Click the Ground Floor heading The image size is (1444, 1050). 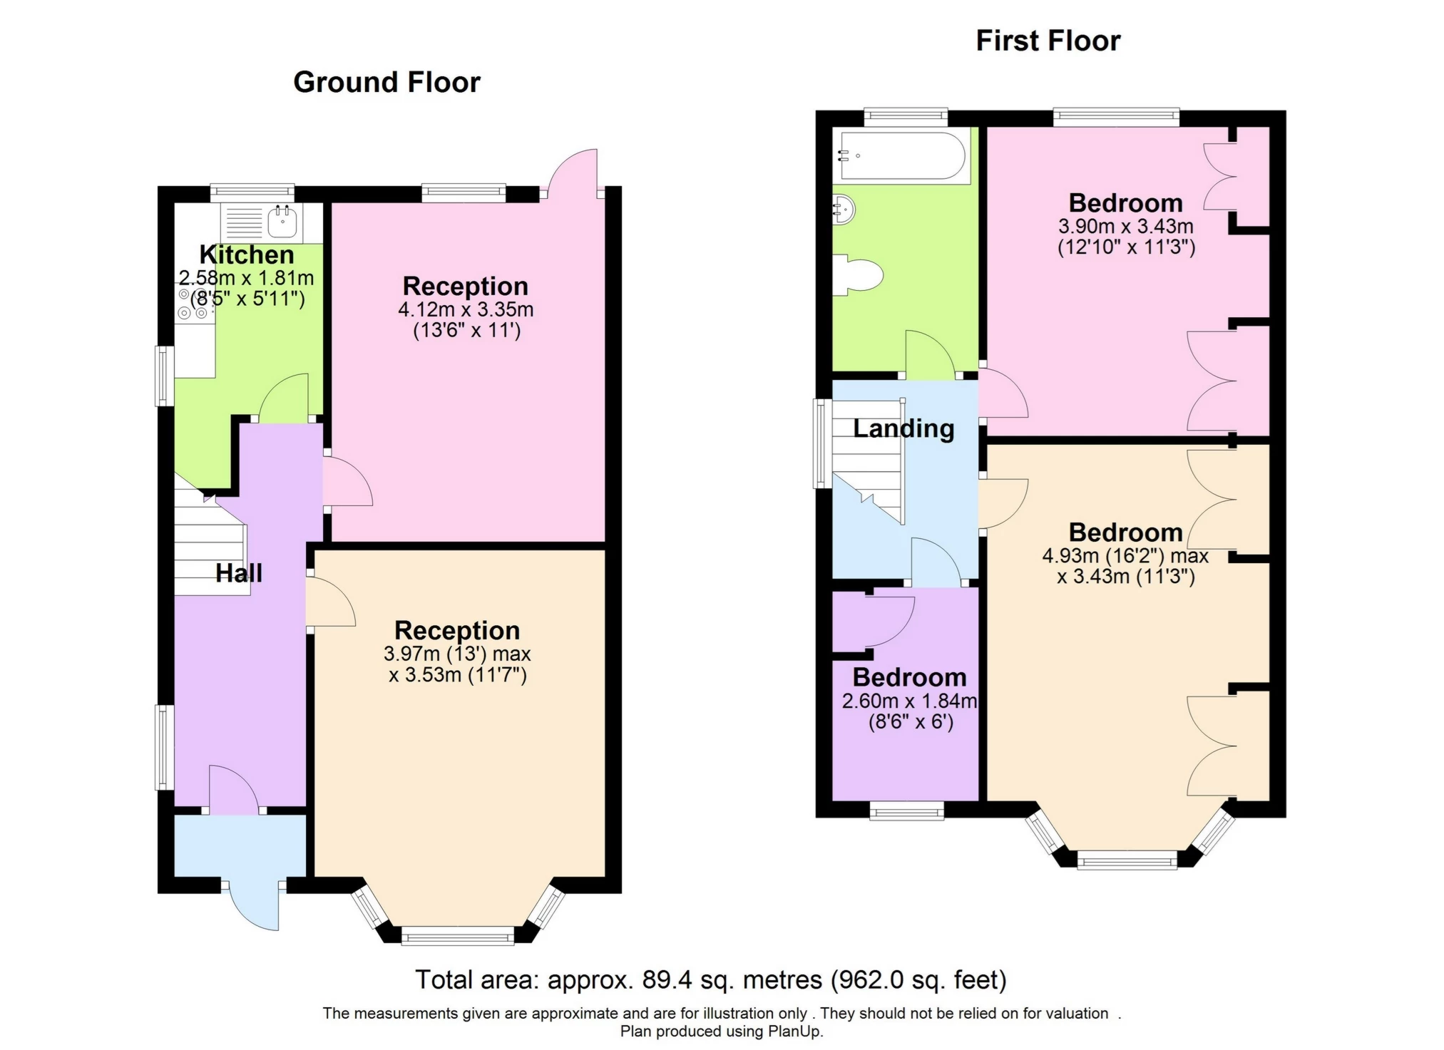[386, 83]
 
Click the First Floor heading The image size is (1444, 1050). [1048, 41]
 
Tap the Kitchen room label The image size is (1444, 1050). [246, 254]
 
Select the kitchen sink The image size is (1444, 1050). [282, 221]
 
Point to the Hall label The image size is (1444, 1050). [239, 573]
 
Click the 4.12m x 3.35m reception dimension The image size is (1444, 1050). [466, 309]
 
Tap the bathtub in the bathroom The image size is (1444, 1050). [902, 155]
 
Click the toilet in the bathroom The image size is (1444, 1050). [860, 274]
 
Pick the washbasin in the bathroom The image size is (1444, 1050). [844, 210]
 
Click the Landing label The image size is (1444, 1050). [903, 428]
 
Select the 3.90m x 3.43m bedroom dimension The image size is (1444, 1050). [1125, 227]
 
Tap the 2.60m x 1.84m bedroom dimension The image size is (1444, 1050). [909, 701]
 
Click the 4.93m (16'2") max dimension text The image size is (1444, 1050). [1125, 556]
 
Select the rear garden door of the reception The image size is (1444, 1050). [574, 171]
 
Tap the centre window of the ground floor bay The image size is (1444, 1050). [458, 936]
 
